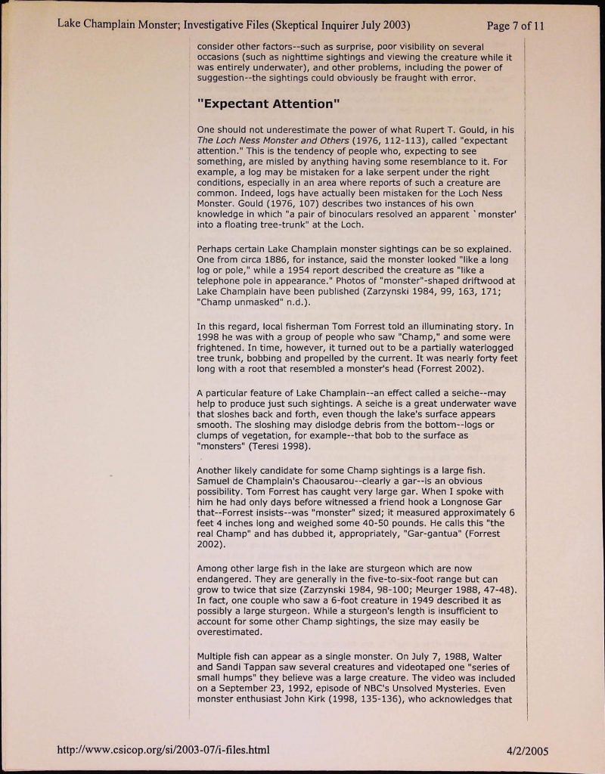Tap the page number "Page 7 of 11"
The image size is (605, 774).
click(x=517, y=26)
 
